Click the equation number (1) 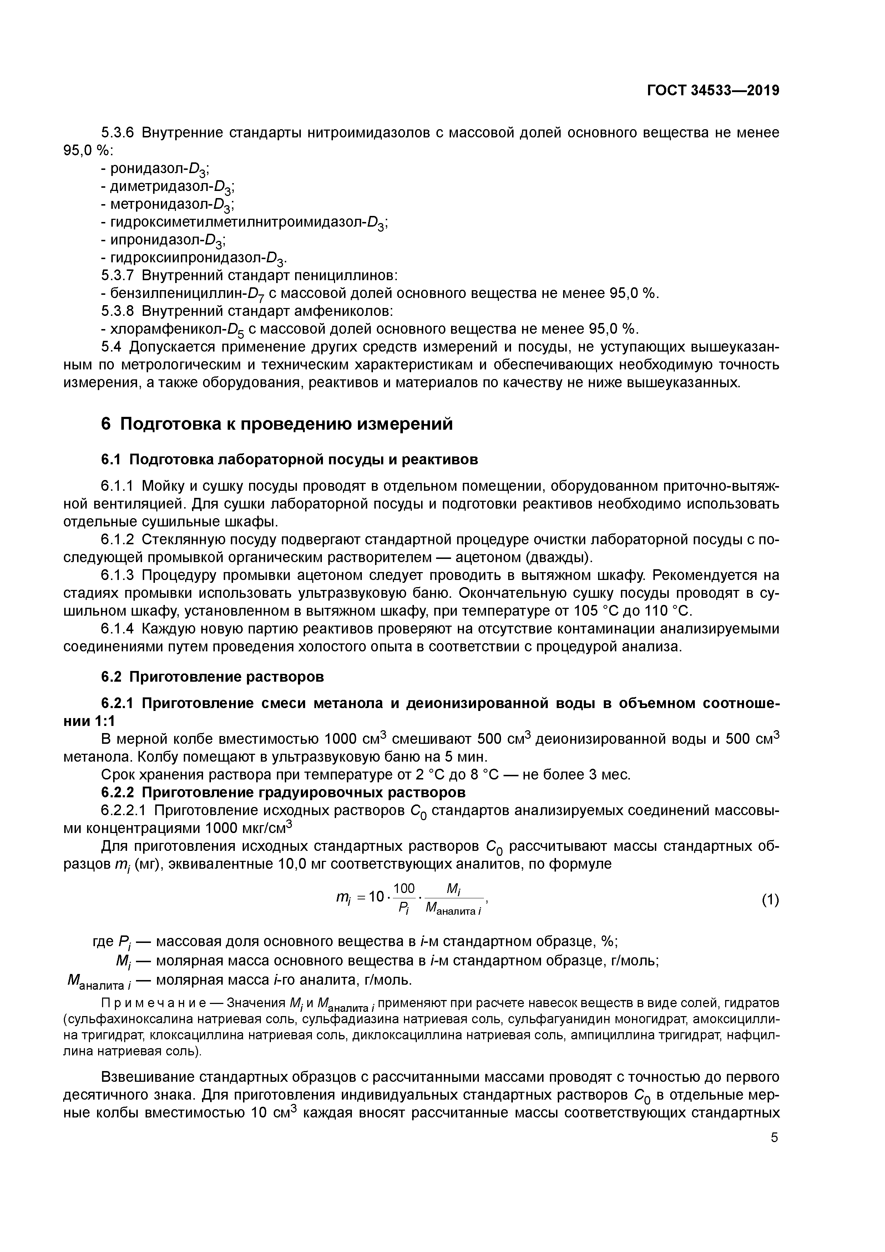pos(770,900)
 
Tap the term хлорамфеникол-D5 pos(173,329)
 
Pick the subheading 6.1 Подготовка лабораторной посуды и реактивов pos(289,460)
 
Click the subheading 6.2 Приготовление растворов pos(213,677)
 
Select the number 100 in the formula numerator pos(404,889)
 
